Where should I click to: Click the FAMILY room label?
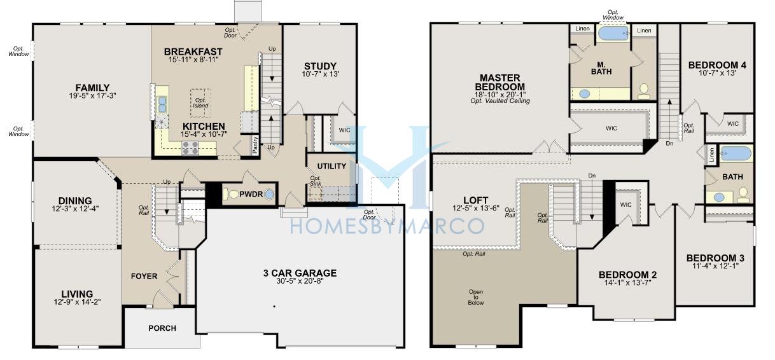click(92, 88)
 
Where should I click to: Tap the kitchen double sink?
click(162, 104)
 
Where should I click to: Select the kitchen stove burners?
click(190, 148)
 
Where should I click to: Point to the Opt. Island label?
click(200, 103)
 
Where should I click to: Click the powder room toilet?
click(232, 194)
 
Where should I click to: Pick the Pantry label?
click(255, 144)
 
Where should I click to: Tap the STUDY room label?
click(320, 66)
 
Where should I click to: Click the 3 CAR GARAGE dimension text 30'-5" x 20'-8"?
click(300, 280)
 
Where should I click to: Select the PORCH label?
click(162, 328)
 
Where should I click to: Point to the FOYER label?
click(144, 276)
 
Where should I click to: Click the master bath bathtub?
click(614, 33)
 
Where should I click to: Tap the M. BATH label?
click(601, 68)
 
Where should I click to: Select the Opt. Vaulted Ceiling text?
click(500, 100)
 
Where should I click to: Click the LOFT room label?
click(475, 200)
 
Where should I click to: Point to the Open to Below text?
click(476, 297)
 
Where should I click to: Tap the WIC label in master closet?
click(611, 128)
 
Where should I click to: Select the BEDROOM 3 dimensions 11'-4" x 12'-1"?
click(715, 266)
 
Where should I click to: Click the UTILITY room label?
click(332, 166)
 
